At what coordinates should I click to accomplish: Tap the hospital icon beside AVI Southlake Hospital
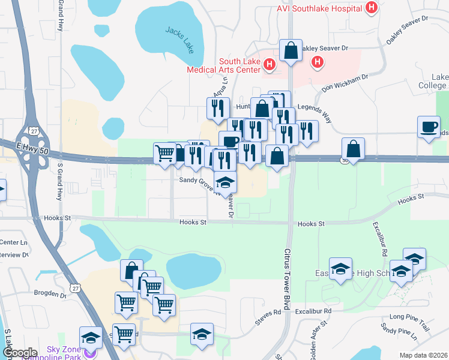pyautogui.click(x=372, y=8)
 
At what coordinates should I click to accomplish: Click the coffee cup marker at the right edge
pyautogui.click(x=429, y=128)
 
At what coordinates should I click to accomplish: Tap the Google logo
pyautogui.click(x=19, y=353)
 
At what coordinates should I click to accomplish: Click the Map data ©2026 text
pyautogui.click(x=423, y=355)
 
